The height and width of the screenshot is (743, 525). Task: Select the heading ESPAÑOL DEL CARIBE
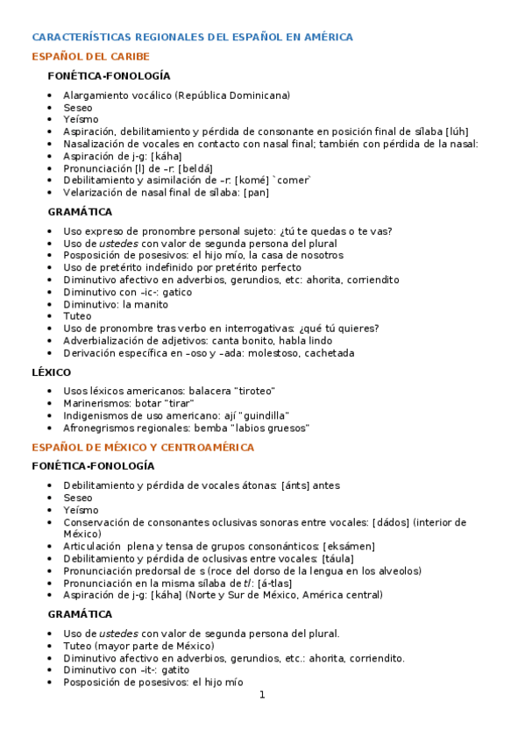pos(90,57)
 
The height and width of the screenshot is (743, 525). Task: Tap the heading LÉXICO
pos(52,372)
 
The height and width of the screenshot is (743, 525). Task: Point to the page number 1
pos(261,696)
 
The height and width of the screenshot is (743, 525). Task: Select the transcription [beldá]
pos(195,168)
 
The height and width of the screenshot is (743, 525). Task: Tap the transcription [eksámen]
pos(348,546)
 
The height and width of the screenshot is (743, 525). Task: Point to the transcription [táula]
pos(337,558)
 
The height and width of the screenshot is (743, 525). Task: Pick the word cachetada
pos(330,353)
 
